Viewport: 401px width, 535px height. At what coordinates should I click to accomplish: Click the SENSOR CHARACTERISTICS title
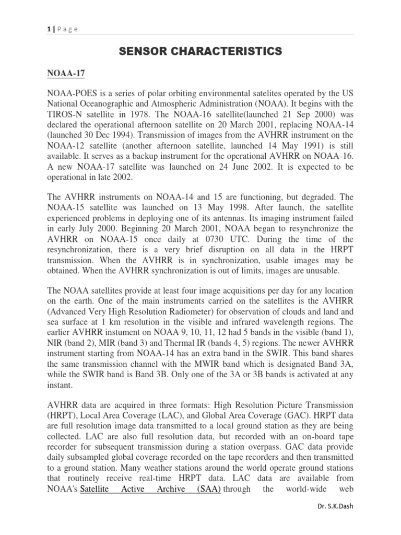coord(200,51)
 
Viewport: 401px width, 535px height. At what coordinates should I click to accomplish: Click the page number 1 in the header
coord(49,29)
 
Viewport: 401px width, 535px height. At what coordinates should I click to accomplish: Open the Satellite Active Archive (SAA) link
coord(150,489)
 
